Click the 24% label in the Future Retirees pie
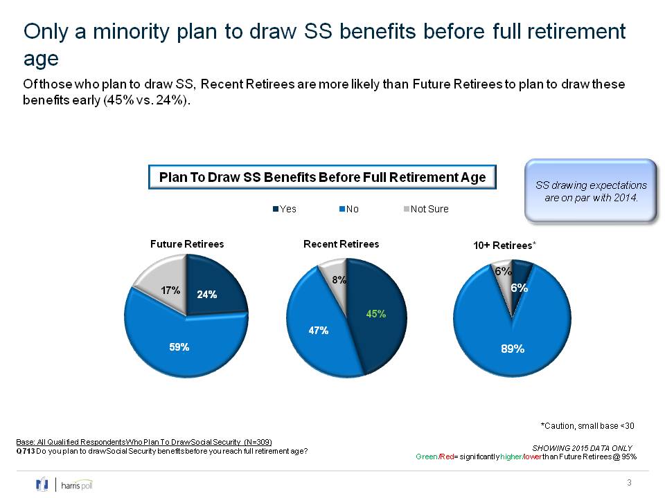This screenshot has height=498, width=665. click(207, 295)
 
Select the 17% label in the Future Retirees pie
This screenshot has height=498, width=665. click(170, 290)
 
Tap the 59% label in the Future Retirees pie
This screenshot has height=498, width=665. click(179, 347)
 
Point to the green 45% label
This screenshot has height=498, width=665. click(376, 314)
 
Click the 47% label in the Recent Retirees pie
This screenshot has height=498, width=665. click(319, 331)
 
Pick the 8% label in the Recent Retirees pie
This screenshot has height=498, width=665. click(339, 280)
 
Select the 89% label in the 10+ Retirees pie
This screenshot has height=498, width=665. click(513, 349)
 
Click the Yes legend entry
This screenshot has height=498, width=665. click(285, 209)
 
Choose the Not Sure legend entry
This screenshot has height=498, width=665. click(426, 209)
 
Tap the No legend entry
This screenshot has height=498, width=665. click(349, 209)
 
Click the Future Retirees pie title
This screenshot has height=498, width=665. click(187, 244)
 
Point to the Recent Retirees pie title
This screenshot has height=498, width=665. click(342, 244)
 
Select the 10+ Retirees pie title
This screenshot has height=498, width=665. click(505, 246)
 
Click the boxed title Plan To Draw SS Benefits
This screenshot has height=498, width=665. click(322, 177)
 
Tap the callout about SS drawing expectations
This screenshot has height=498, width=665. click(591, 191)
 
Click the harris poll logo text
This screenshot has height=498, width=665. click(77, 486)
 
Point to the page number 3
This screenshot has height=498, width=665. click(630, 482)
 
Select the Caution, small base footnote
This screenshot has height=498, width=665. click(587, 426)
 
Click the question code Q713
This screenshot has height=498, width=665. click(26, 452)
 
